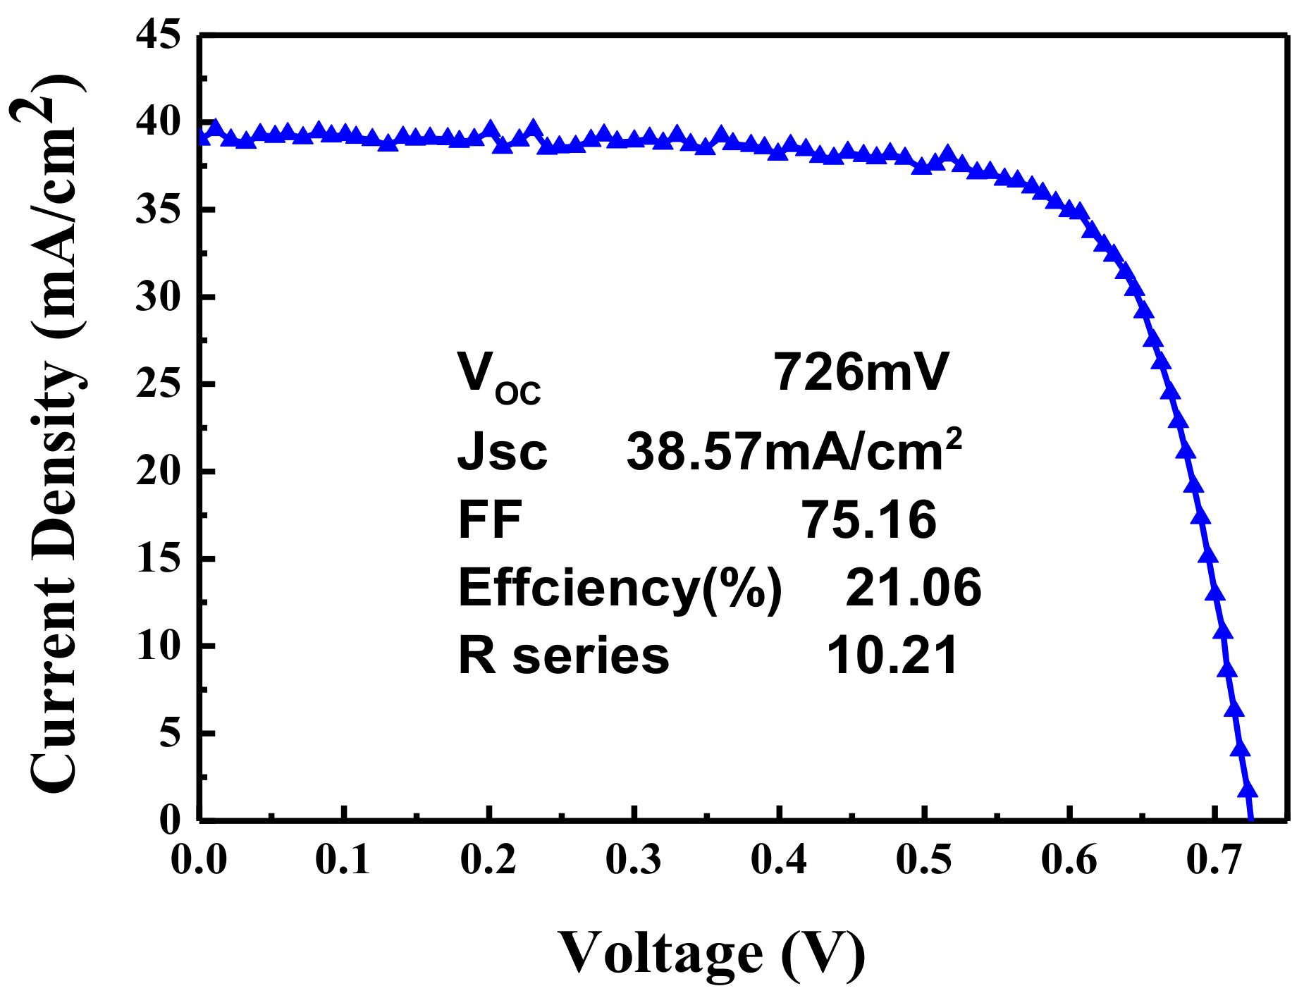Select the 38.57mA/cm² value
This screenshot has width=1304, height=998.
click(794, 451)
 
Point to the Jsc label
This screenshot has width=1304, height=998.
click(502, 451)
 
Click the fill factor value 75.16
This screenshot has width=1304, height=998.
click(868, 519)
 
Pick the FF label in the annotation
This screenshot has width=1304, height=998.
click(490, 519)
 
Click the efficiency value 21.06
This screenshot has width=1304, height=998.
click(913, 587)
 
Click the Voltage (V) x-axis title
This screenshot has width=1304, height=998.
click(712, 954)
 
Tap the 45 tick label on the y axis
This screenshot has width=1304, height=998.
click(158, 35)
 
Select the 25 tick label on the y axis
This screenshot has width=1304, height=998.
click(158, 384)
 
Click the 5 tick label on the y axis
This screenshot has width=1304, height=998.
click(170, 733)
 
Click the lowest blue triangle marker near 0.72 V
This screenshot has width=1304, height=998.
click(1248, 789)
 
